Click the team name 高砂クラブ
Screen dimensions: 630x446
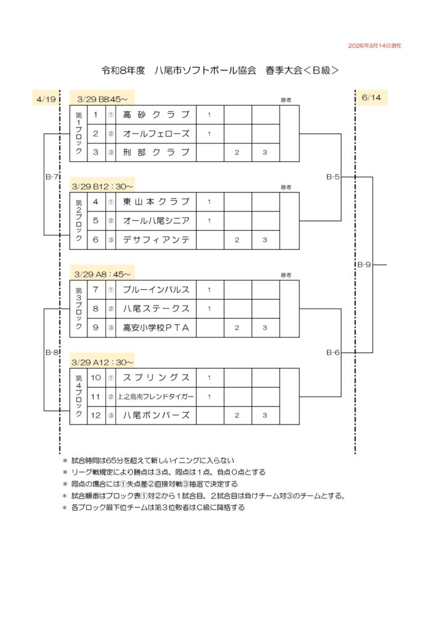[156, 114]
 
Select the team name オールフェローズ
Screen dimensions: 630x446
[156, 134]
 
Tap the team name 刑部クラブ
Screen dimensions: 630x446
[156, 152]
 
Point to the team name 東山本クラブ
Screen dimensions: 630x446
[156, 202]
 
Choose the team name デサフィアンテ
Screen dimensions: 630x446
[156, 239]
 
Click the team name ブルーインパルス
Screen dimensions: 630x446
[156, 290]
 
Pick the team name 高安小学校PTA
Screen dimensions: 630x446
[156, 327]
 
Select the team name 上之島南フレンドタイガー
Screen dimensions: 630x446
[156, 397]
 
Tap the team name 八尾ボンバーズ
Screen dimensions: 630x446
[156, 415]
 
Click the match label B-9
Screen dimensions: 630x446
[364, 265]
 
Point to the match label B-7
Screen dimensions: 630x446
[52, 177]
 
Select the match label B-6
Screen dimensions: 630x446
[333, 353]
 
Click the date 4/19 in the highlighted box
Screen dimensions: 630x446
[46, 98]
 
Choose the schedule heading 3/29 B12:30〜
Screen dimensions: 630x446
[102, 186]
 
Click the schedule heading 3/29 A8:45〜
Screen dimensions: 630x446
[102, 274]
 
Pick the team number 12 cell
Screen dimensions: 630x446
[95, 415]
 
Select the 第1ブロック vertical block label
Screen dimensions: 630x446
[78, 134]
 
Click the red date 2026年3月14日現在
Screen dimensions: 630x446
[375, 46]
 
